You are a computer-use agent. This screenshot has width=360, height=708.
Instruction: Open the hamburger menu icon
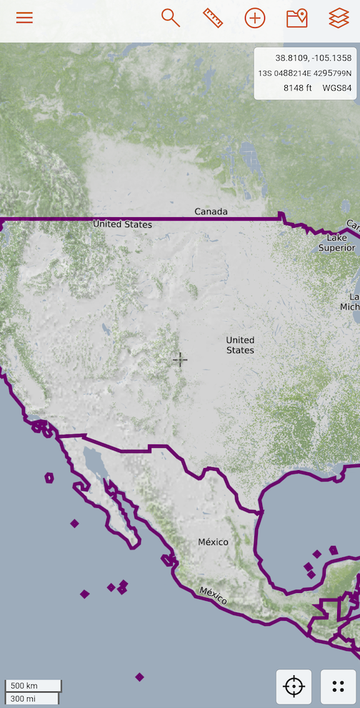coord(24,18)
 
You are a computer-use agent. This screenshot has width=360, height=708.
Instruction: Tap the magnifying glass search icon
coord(170,18)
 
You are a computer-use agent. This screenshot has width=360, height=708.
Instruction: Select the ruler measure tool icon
coord(213,18)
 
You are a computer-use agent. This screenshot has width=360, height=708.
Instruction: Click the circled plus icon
coord(255,18)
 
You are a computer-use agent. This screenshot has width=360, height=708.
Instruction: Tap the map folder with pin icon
coord(296,18)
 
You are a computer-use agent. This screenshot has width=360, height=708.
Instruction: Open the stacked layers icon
coord(339,18)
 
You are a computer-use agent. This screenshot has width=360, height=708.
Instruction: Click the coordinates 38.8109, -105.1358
coord(313,57)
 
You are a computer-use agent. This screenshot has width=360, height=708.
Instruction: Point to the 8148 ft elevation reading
coord(298,88)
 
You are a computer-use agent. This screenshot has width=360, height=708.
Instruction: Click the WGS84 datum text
coord(337,88)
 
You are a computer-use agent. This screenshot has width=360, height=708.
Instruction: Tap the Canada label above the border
coord(211,211)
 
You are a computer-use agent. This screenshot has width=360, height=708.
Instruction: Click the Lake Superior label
coord(336,242)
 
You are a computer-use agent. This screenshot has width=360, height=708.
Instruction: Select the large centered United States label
coord(240,345)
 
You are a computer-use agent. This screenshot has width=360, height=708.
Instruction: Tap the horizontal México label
coord(214,542)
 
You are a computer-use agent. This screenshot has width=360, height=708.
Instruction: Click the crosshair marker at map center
coord(180,359)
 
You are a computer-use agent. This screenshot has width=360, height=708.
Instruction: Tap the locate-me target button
coord(294,687)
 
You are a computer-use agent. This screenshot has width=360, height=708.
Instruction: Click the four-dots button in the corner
coord(339,687)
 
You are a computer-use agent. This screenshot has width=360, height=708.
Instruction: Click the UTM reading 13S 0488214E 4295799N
coord(305,73)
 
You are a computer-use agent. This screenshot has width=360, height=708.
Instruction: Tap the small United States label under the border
coord(123,224)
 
